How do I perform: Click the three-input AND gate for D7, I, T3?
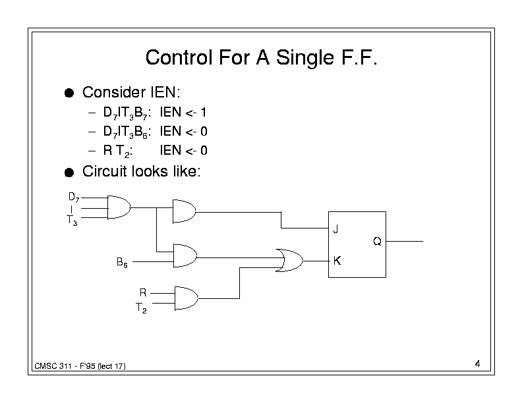point(118,207)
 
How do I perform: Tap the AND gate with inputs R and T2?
point(185,297)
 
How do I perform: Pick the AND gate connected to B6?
point(185,254)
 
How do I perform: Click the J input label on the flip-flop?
point(335,230)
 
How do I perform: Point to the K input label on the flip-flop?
point(336,261)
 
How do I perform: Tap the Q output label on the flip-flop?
point(376,242)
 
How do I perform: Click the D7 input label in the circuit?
point(74,197)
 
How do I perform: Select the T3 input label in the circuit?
point(72,222)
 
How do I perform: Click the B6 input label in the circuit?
point(122,263)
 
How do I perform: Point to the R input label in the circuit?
point(142,292)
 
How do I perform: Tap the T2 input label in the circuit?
point(141,308)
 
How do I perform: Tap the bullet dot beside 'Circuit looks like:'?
point(69,173)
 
